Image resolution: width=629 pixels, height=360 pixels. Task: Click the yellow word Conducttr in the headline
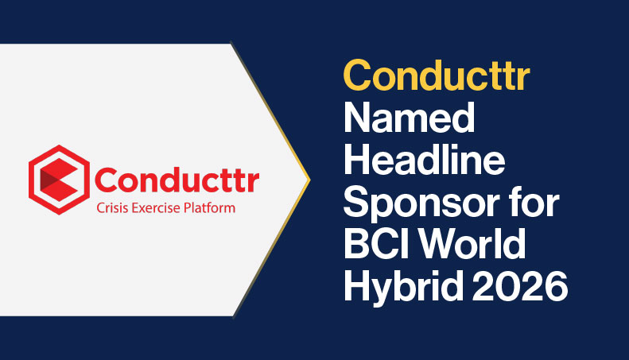(437, 75)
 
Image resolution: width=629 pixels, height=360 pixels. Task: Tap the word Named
(410, 118)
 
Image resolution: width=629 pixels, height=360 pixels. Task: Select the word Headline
(424, 160)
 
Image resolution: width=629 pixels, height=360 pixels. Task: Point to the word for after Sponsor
(536, 202)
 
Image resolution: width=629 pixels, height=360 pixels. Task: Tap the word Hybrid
(403, 288)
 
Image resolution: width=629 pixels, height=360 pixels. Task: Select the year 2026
(520, 286)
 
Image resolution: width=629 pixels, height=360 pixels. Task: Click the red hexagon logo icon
(59, 180)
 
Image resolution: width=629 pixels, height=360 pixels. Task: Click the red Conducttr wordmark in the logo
(177, 180)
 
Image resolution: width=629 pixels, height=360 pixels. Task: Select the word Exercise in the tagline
(155, 208)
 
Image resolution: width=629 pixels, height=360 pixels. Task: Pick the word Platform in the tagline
(209, 208)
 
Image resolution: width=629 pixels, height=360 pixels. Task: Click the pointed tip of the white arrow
(309, 179)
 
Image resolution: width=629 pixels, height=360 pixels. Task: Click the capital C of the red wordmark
(107, 180)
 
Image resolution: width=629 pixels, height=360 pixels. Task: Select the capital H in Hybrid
(356, 286)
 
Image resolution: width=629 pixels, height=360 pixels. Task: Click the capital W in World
(441, 244)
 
